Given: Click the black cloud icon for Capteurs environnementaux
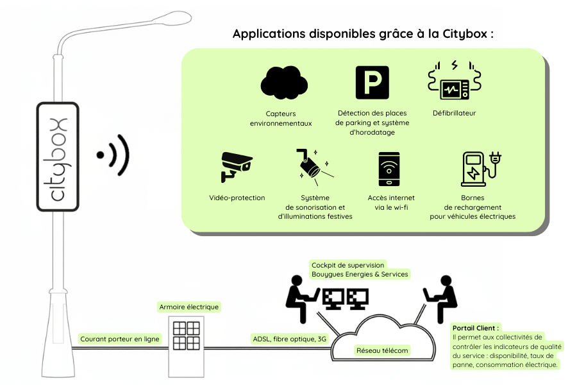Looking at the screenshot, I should pos(284,83).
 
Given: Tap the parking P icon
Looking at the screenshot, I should pos(372,82).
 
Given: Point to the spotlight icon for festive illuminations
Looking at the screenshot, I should pos(313,166).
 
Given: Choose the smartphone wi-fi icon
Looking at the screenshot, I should pos(389,169).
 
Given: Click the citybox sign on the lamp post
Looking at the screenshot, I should pos(58,157).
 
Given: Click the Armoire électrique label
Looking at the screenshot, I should pos(189,307).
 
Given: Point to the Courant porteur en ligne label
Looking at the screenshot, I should pos(120,338).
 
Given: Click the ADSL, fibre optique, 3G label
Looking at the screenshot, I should pos(289,338).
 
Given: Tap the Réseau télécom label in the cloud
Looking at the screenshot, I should pos(383,350).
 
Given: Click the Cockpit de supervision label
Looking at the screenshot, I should pos(359,269).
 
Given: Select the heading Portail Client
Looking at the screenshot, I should pos(475,327).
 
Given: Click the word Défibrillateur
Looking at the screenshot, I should pos(454,114).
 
